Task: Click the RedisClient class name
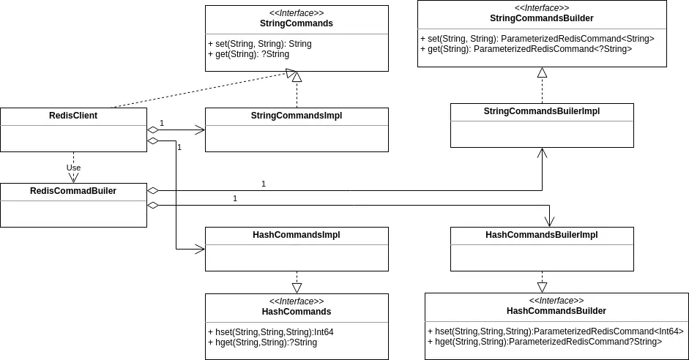(73, 116)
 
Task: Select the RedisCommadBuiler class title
(73, 191)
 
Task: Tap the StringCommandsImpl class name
(297, 116)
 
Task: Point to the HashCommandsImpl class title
(297, 235)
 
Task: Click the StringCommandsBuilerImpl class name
(542, 111)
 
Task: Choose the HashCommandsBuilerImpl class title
(542, 235)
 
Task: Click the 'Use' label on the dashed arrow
(73, 168)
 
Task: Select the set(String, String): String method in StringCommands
(260, 44)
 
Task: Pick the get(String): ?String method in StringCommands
(249, 54)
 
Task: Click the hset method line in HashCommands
(271, 332)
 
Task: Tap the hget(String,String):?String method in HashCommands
(263, 342)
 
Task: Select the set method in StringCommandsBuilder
(537, 39)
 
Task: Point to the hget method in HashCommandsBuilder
(545, 342)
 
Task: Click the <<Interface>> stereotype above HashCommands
(297, 301)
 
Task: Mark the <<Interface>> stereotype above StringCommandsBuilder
(542, 8)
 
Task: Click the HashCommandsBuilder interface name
(556, 311)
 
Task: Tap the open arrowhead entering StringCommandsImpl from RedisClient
(200, 130)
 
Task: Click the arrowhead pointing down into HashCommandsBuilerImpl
(549, 222)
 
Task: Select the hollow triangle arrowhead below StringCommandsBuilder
(543, 73)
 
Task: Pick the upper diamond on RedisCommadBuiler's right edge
(152, 190)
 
